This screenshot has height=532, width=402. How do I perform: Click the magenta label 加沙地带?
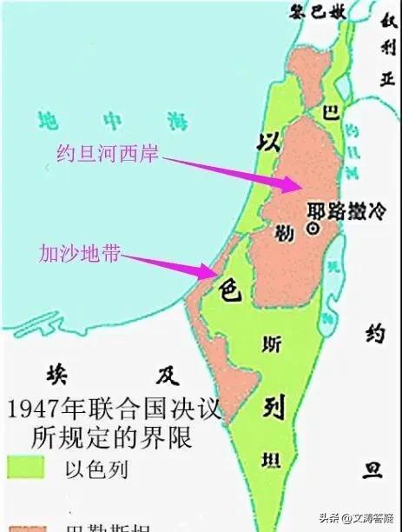[x=79, y=255]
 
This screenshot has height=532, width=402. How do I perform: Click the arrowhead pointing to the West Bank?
[x=290, y=184]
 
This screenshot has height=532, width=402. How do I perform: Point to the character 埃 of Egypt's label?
[x=55, y=375]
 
